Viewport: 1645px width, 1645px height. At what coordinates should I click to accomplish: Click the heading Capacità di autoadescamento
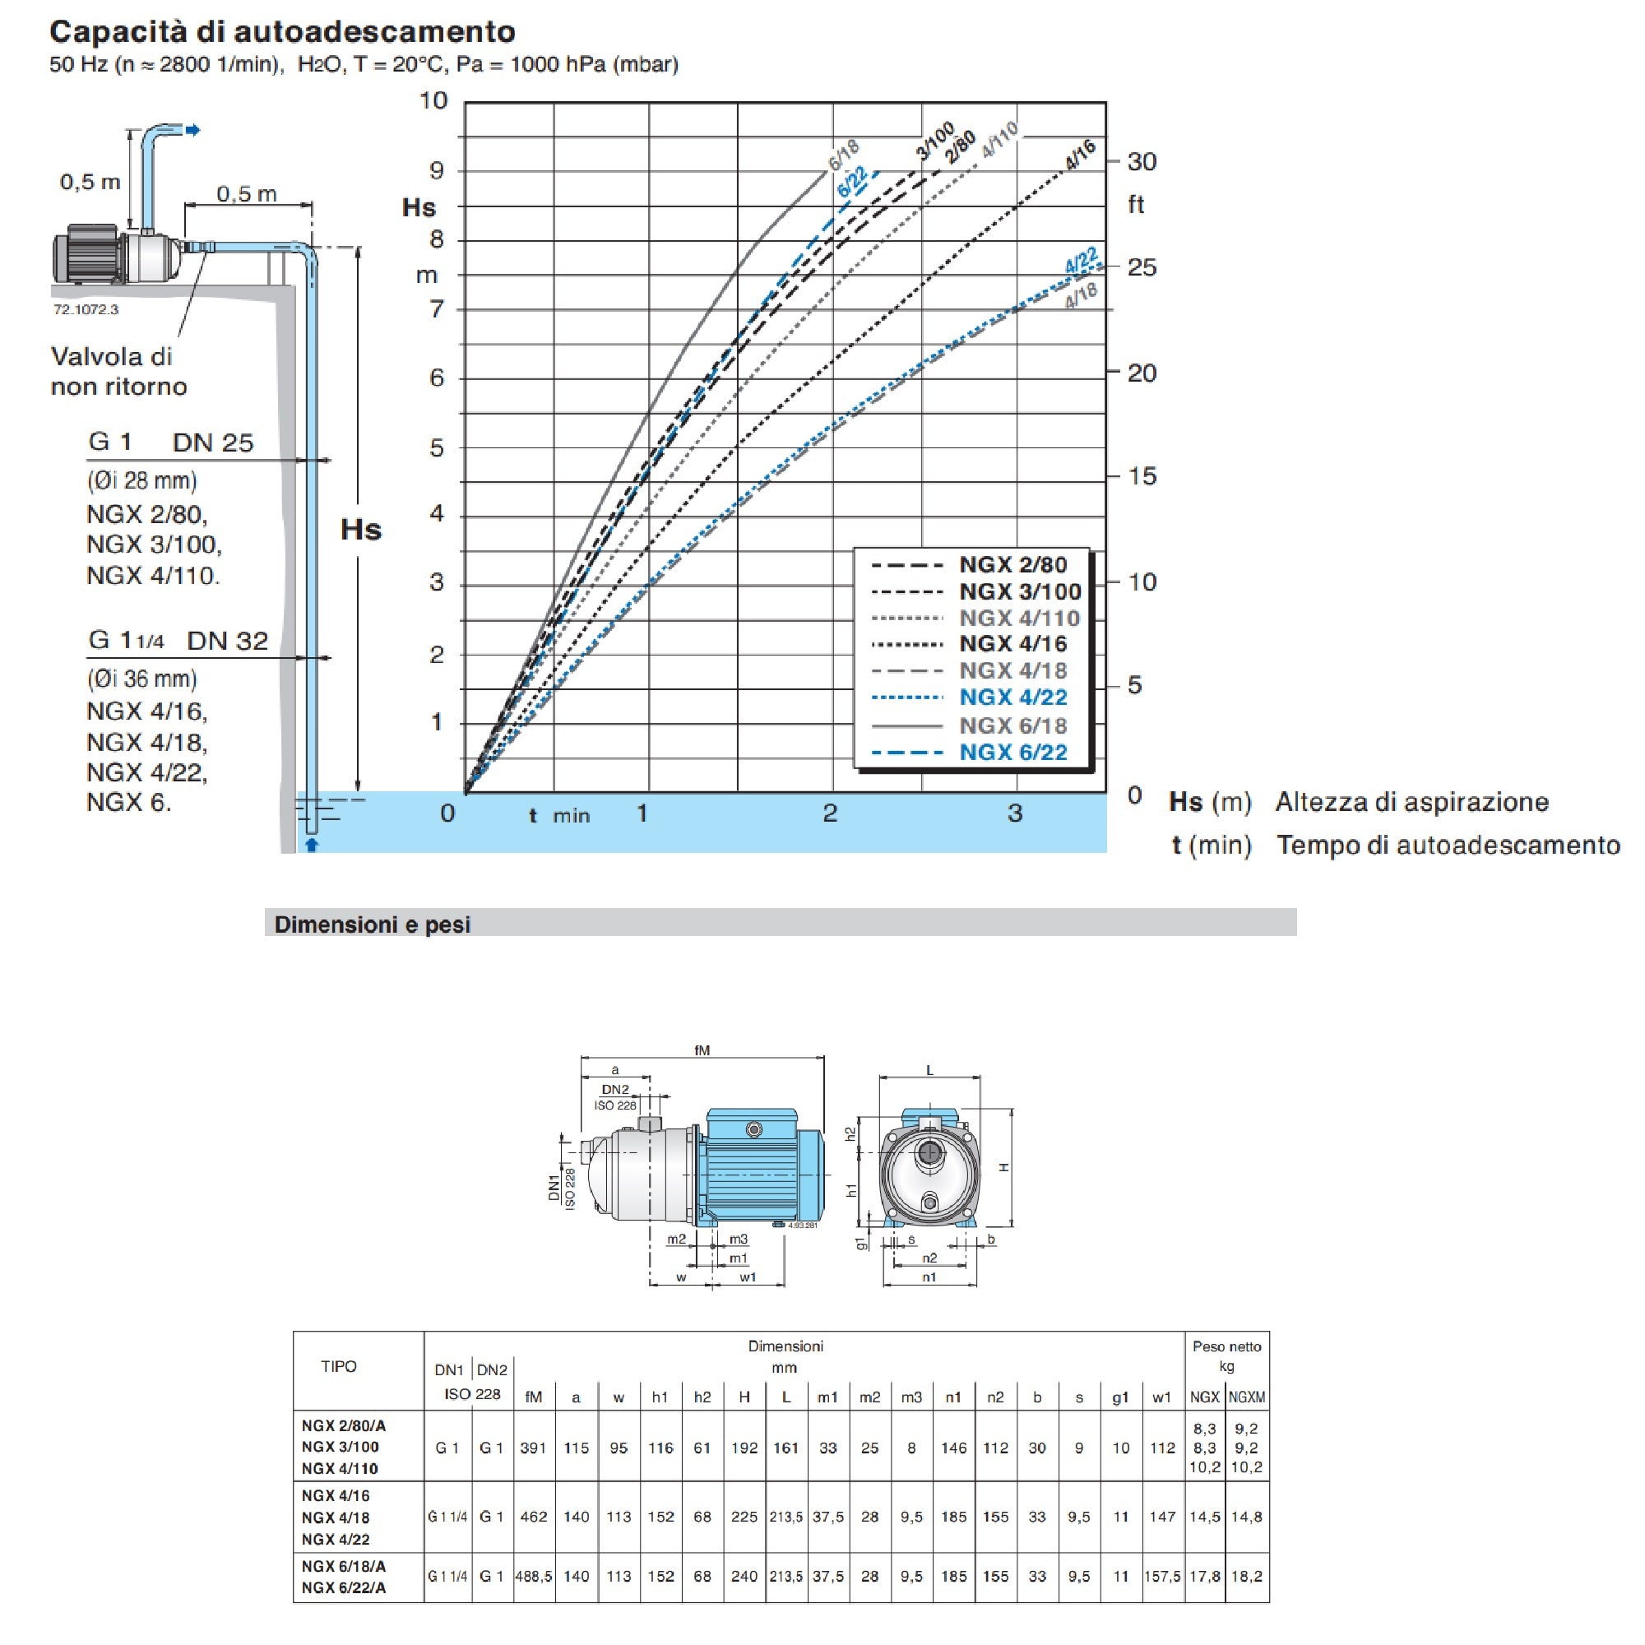[x=282, y=31]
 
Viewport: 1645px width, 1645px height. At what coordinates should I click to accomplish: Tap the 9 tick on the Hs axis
[x=437, y=170]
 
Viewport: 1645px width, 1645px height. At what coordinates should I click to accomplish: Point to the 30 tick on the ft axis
[x=1142, y=162]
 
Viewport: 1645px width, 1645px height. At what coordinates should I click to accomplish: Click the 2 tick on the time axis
[x=830, y=813]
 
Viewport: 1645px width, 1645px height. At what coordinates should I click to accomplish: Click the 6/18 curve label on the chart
[x=844, y=155]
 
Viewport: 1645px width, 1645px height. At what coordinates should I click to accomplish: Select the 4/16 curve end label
[x=1081, y=155]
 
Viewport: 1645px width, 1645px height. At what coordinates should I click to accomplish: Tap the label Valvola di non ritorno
[x=118, y=371]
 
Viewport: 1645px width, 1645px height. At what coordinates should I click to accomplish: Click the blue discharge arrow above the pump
[x=193, y=130]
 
